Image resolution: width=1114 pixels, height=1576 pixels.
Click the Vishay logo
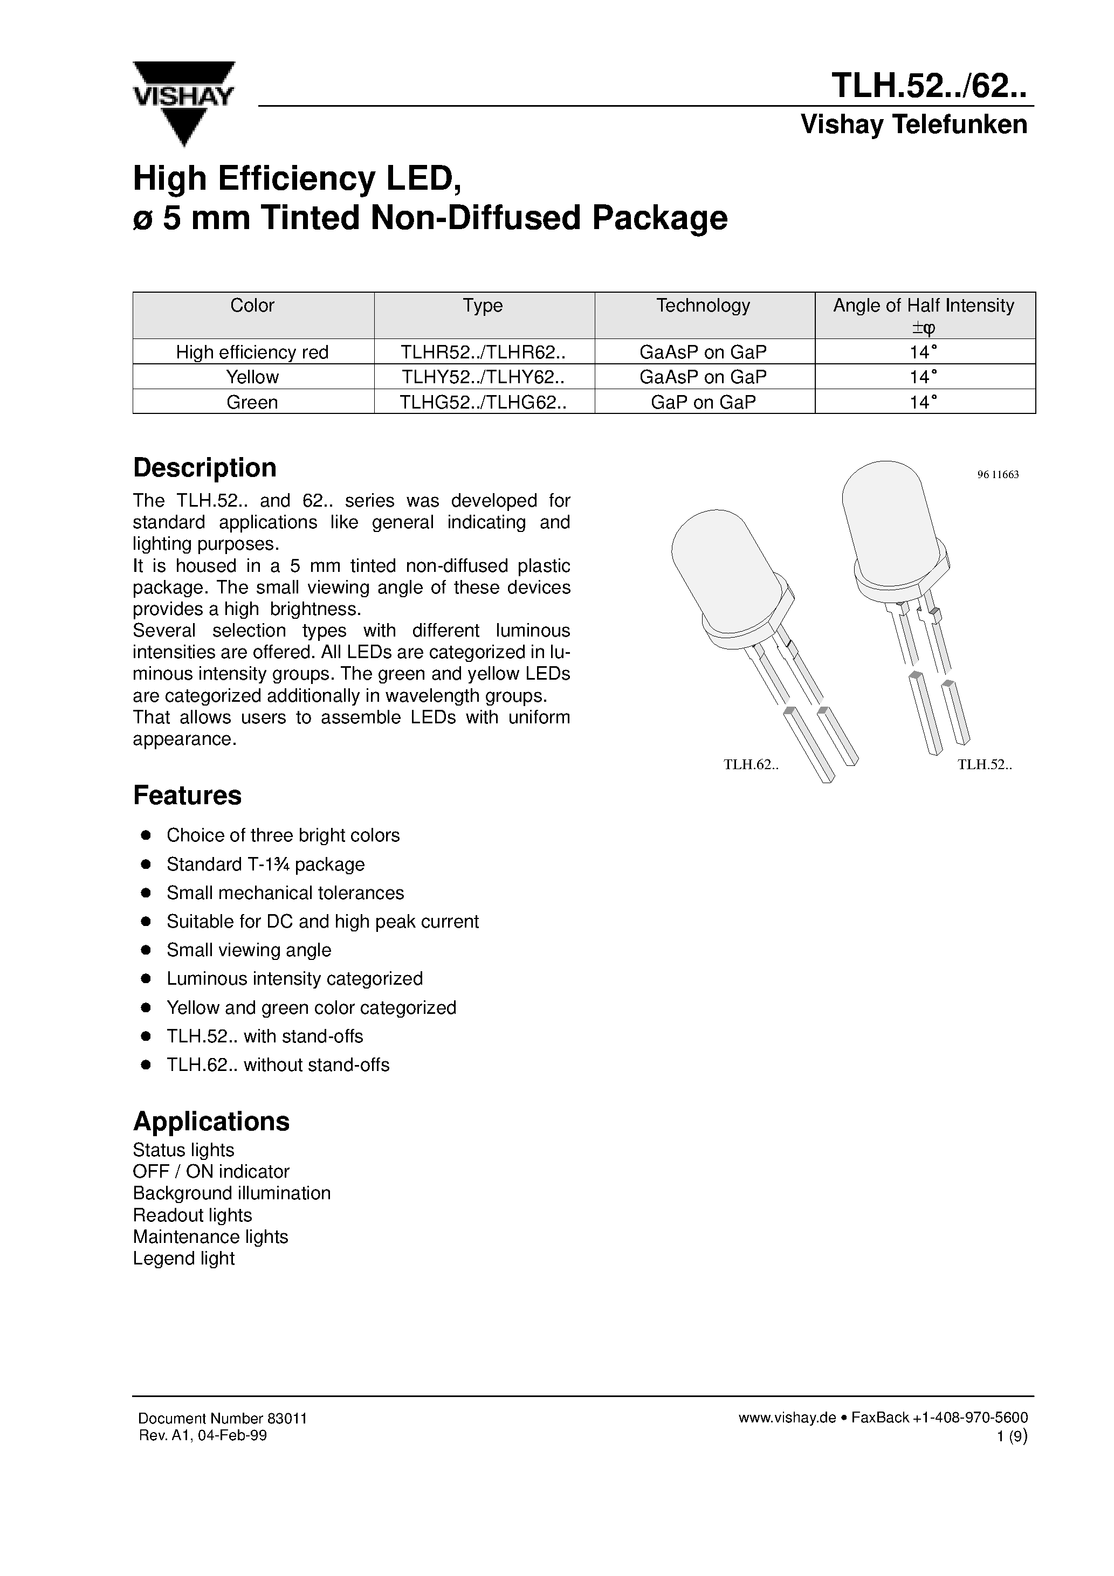(x=183, y=103)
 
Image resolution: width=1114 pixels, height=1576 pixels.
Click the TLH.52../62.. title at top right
(x=929, y=87)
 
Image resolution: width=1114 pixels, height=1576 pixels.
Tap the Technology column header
(x=703, y=306)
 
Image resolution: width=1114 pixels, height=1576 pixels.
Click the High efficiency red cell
(x=252, y=352)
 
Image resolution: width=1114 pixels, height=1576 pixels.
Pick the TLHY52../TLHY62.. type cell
(x=484, y=377)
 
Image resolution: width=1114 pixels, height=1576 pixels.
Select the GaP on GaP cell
(x=703, y=402)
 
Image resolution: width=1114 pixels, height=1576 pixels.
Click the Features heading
(x=187, y=796)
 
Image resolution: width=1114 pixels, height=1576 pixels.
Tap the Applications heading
(x=211, y=1122)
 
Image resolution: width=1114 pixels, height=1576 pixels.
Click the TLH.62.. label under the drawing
(x=751, y=765)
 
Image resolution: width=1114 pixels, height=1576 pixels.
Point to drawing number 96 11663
(x=997, y=474)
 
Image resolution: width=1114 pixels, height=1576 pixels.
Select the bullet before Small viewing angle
(x=146, y=950)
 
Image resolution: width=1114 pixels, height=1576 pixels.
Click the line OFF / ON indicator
(x=211, y=1172)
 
